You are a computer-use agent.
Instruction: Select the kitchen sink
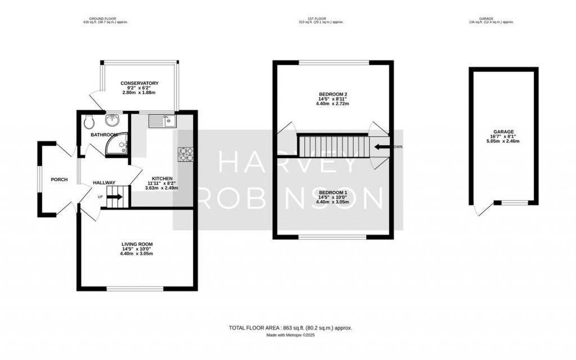[163, 120]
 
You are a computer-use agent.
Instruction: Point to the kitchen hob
[185, 155]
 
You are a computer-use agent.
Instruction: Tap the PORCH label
[59, 180]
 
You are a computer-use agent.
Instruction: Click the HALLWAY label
[104, 183]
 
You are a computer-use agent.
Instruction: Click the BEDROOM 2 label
[332, 94]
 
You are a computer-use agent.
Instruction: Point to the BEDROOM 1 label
[332, 192]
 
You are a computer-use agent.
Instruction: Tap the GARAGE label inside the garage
[502, 132]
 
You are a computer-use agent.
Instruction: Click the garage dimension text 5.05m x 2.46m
[502, 141]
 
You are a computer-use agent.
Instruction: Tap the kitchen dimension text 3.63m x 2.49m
[161, 188]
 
